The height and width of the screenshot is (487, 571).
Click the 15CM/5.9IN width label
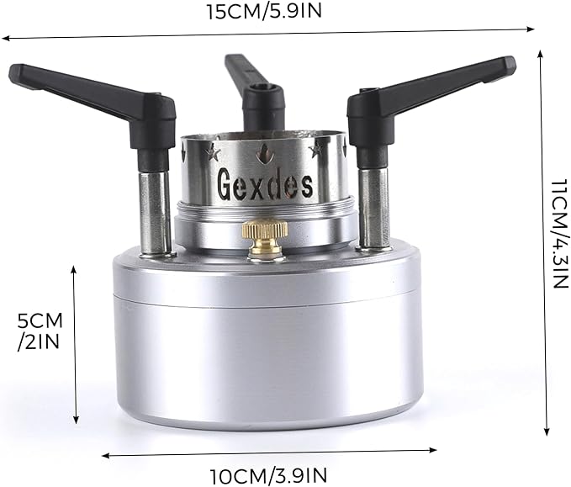[x=265, y=11]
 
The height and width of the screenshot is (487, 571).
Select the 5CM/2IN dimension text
[x=40, y=331]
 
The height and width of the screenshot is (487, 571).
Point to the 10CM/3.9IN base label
[x=268, y=476]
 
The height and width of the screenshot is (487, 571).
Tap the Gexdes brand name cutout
[x=265, y=185]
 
